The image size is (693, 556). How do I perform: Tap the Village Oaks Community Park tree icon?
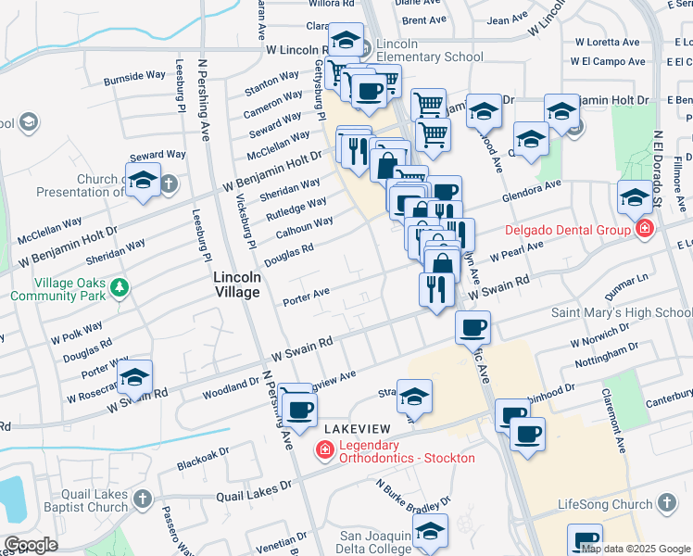[118, 288]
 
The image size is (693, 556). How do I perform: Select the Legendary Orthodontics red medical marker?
[324, 451]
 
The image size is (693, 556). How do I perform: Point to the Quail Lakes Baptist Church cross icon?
[142, 499]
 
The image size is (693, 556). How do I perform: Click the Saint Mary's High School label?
[622, 312]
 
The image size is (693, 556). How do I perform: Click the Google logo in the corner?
[31, 545]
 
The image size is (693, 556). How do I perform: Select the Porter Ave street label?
[307, 296]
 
